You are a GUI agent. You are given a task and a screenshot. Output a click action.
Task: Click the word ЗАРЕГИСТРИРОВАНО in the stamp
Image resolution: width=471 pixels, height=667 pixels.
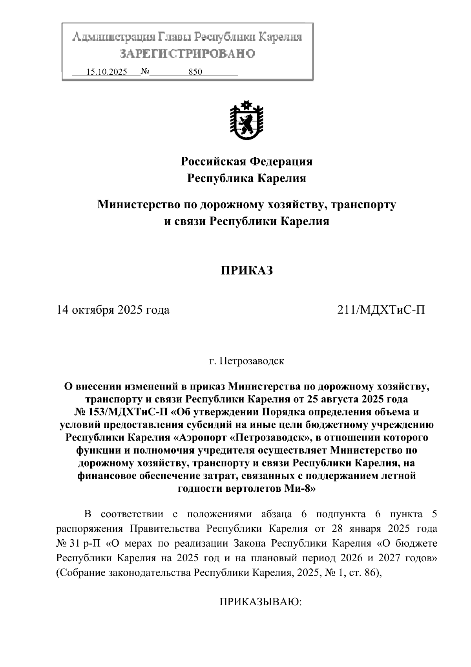[187, 53]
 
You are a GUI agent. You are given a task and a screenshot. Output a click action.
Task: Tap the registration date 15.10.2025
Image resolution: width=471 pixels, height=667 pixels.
[106, 72]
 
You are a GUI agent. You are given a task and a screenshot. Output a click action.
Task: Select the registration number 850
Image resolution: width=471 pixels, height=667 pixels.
[195, 72]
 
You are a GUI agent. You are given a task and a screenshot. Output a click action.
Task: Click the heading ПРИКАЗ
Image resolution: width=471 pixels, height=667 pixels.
[246, 271]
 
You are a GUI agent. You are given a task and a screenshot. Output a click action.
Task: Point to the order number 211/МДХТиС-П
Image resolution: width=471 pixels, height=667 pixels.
[381, 310]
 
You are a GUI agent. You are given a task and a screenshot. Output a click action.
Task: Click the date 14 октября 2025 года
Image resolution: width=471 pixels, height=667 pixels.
[113, 310]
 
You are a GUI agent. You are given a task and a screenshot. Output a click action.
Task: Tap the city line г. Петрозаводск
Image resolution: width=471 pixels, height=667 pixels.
[246, 361]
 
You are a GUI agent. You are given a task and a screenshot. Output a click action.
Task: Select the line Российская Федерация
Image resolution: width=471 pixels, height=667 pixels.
[246, 161]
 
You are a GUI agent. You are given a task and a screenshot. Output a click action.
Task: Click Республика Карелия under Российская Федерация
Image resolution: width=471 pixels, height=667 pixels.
[246, 178]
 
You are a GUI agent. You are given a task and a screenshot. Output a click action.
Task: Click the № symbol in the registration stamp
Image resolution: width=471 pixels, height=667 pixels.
[145, 72]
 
